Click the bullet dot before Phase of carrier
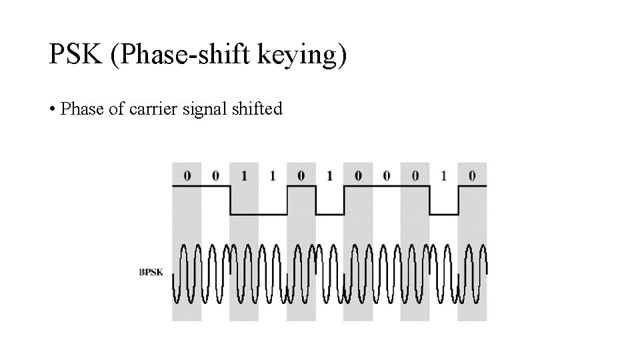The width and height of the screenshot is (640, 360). (x=52, y=109)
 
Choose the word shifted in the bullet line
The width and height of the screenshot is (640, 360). (x=257, y=108)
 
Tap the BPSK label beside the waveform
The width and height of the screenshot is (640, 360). (x=151, y=272)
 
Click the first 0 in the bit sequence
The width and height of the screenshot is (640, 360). (x=187, y=176)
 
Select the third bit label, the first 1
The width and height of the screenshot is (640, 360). (x=243, y=176)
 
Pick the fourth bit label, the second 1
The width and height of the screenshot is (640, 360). (x=272, y=176)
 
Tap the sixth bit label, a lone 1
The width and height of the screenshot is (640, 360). (x=329, y=176)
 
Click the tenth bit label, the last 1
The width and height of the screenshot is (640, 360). (x=443, y=176)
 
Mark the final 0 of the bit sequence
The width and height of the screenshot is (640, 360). (x=472, y=176)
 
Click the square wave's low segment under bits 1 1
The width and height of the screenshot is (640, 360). (x=258, y=214)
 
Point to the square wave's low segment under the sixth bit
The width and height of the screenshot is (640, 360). (x=329, y=214)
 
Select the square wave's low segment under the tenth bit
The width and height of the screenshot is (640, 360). (x=444, y=214)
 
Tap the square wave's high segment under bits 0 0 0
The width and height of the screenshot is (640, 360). (x=387, y=187)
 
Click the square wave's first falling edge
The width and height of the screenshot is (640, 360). (x=229, y=200)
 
